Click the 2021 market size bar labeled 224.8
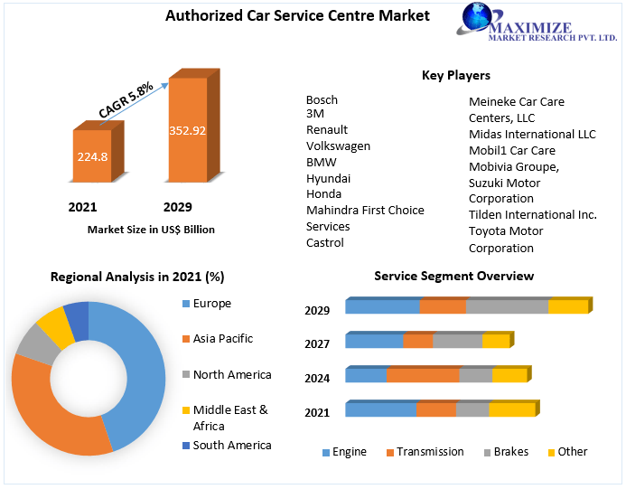[x=98, y=152]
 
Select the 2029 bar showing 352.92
[x=193, y=126]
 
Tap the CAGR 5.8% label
[x=126, y=99]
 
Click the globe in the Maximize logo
[x=477, y=17]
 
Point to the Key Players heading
[x=456, y=75]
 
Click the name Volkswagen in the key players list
[x=338, y=146]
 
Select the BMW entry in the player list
[x=322, y=162]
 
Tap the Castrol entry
[x=325, y=242]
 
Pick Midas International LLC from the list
[x=532, y=135]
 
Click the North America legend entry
[x=227, y=375]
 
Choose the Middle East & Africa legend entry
[x=225, y=418]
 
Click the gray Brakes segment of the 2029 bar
[x=507, y=306]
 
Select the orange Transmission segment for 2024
[x=423, y=374]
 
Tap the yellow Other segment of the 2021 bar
[x=512, y=409]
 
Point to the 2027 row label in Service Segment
[x=317, y=344]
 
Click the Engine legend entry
[x=344, y=452]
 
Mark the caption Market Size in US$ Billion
[x=151, y=230]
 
